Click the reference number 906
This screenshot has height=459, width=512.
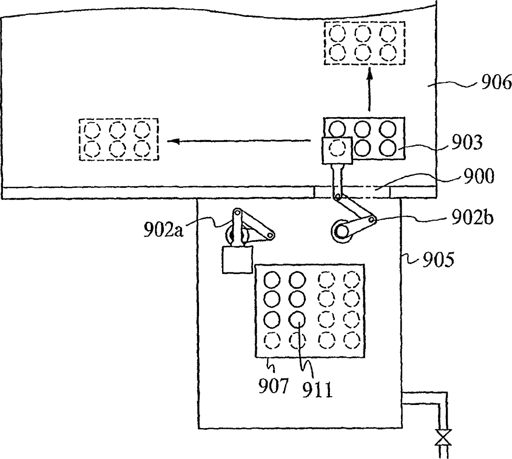click(495, 83)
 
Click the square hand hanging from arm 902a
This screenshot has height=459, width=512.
click(237, 259)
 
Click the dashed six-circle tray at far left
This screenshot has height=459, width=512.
click(119, 139)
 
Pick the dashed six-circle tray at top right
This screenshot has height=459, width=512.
click(364, 43)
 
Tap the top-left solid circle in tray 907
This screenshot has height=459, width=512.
click(272, 281)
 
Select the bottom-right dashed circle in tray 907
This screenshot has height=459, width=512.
click(352, 341)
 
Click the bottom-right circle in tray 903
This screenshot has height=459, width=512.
click(388, 147)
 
